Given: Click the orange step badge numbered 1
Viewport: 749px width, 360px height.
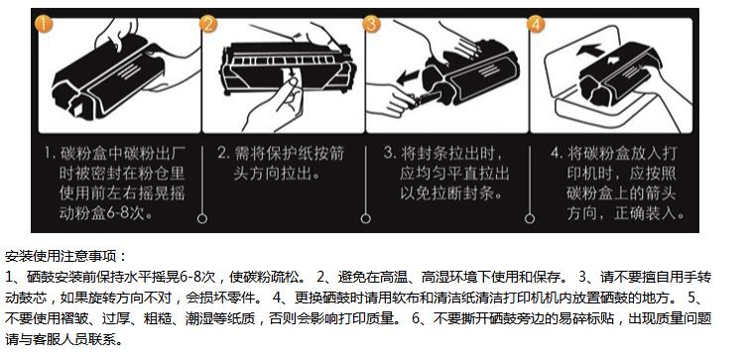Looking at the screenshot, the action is click(44, 24).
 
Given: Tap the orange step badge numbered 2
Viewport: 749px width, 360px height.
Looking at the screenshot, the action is click(207, 24).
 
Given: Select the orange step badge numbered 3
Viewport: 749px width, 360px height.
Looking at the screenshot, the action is click(372, 24).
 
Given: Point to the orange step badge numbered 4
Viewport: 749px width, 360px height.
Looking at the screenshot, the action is click(536, 24).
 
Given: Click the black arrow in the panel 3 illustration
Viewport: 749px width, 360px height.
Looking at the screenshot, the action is click(408, 77).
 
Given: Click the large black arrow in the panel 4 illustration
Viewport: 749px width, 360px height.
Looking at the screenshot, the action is click(590, 50).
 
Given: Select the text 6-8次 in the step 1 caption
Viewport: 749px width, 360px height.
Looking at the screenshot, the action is click(129, 213).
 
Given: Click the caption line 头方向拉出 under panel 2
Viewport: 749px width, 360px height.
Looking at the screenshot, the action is click(276, 174).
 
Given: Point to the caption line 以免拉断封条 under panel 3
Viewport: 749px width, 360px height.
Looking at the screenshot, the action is click(450, 193).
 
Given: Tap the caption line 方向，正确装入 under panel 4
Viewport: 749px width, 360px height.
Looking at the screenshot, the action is click(625, 213).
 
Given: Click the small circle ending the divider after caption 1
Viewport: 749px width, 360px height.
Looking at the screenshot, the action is click(202, 218).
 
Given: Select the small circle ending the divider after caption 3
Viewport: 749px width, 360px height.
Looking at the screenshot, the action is click(530, 218).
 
